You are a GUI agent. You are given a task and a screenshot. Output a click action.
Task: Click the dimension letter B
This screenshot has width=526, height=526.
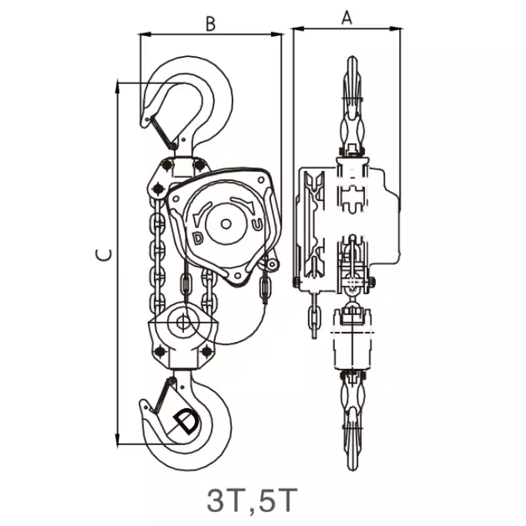(210, 24)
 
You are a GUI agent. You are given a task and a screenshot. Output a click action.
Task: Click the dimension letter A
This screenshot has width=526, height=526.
(347, 18)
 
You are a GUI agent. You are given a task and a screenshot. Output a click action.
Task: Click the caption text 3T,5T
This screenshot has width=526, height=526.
(252, 500)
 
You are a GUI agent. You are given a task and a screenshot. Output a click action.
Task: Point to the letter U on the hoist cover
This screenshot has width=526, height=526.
(256, 225)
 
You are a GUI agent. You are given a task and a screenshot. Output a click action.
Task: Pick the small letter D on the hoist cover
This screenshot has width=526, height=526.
(198, 238)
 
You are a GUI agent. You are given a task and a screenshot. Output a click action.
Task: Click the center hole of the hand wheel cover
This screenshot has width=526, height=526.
(226, 224)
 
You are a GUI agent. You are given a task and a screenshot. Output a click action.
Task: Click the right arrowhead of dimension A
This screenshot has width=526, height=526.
(396, 28)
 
